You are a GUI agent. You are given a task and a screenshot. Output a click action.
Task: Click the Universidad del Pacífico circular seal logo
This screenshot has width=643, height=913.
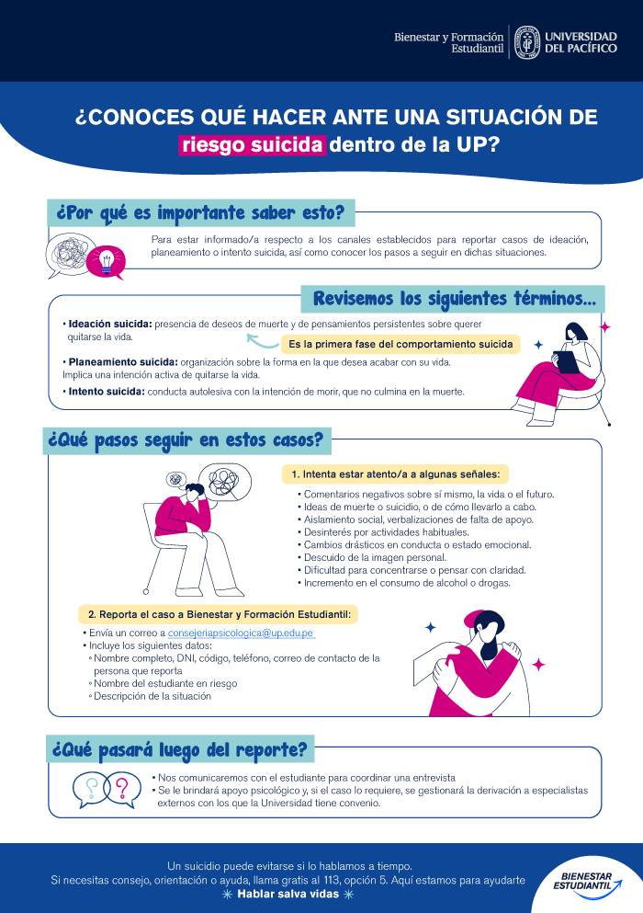[527, 42]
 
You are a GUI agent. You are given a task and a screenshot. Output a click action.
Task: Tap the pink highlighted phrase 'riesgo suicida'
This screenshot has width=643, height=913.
[252, 145]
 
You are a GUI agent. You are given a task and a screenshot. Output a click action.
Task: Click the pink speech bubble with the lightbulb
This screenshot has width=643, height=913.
[106, 261]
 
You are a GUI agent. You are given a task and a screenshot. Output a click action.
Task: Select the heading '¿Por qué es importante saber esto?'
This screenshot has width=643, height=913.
[201, 213]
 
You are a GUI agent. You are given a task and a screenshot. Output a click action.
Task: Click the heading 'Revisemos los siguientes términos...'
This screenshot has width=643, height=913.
[453, 300]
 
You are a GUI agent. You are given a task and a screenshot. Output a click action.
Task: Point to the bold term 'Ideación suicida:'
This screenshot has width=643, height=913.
[110, 325]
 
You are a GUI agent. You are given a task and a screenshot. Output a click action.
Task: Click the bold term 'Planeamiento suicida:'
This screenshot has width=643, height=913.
[123, 362]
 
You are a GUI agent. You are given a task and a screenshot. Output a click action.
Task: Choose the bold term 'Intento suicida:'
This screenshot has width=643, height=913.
[107, 392]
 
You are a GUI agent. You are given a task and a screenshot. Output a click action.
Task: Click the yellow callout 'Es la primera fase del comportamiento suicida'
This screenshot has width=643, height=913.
[400, 344]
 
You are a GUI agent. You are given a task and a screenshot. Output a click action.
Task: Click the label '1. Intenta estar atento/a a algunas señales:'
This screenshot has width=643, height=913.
[395, 474]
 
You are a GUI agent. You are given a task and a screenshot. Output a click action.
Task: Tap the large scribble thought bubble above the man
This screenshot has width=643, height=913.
[224, 482]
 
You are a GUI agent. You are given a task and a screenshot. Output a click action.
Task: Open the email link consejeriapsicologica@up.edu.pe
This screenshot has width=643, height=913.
[241, 633]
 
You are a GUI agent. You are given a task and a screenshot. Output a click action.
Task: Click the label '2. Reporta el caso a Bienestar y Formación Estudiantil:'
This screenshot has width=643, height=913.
[219, 614]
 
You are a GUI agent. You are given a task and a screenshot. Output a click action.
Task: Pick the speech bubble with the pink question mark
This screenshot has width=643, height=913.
[123, 789]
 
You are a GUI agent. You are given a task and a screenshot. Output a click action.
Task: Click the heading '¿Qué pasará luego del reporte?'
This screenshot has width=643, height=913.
[180, 750]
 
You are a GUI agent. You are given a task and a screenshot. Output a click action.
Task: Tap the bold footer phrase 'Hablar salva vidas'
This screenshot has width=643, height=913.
[288, 894]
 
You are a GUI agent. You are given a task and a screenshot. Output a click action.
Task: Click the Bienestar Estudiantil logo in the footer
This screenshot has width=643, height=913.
[587, 881]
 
